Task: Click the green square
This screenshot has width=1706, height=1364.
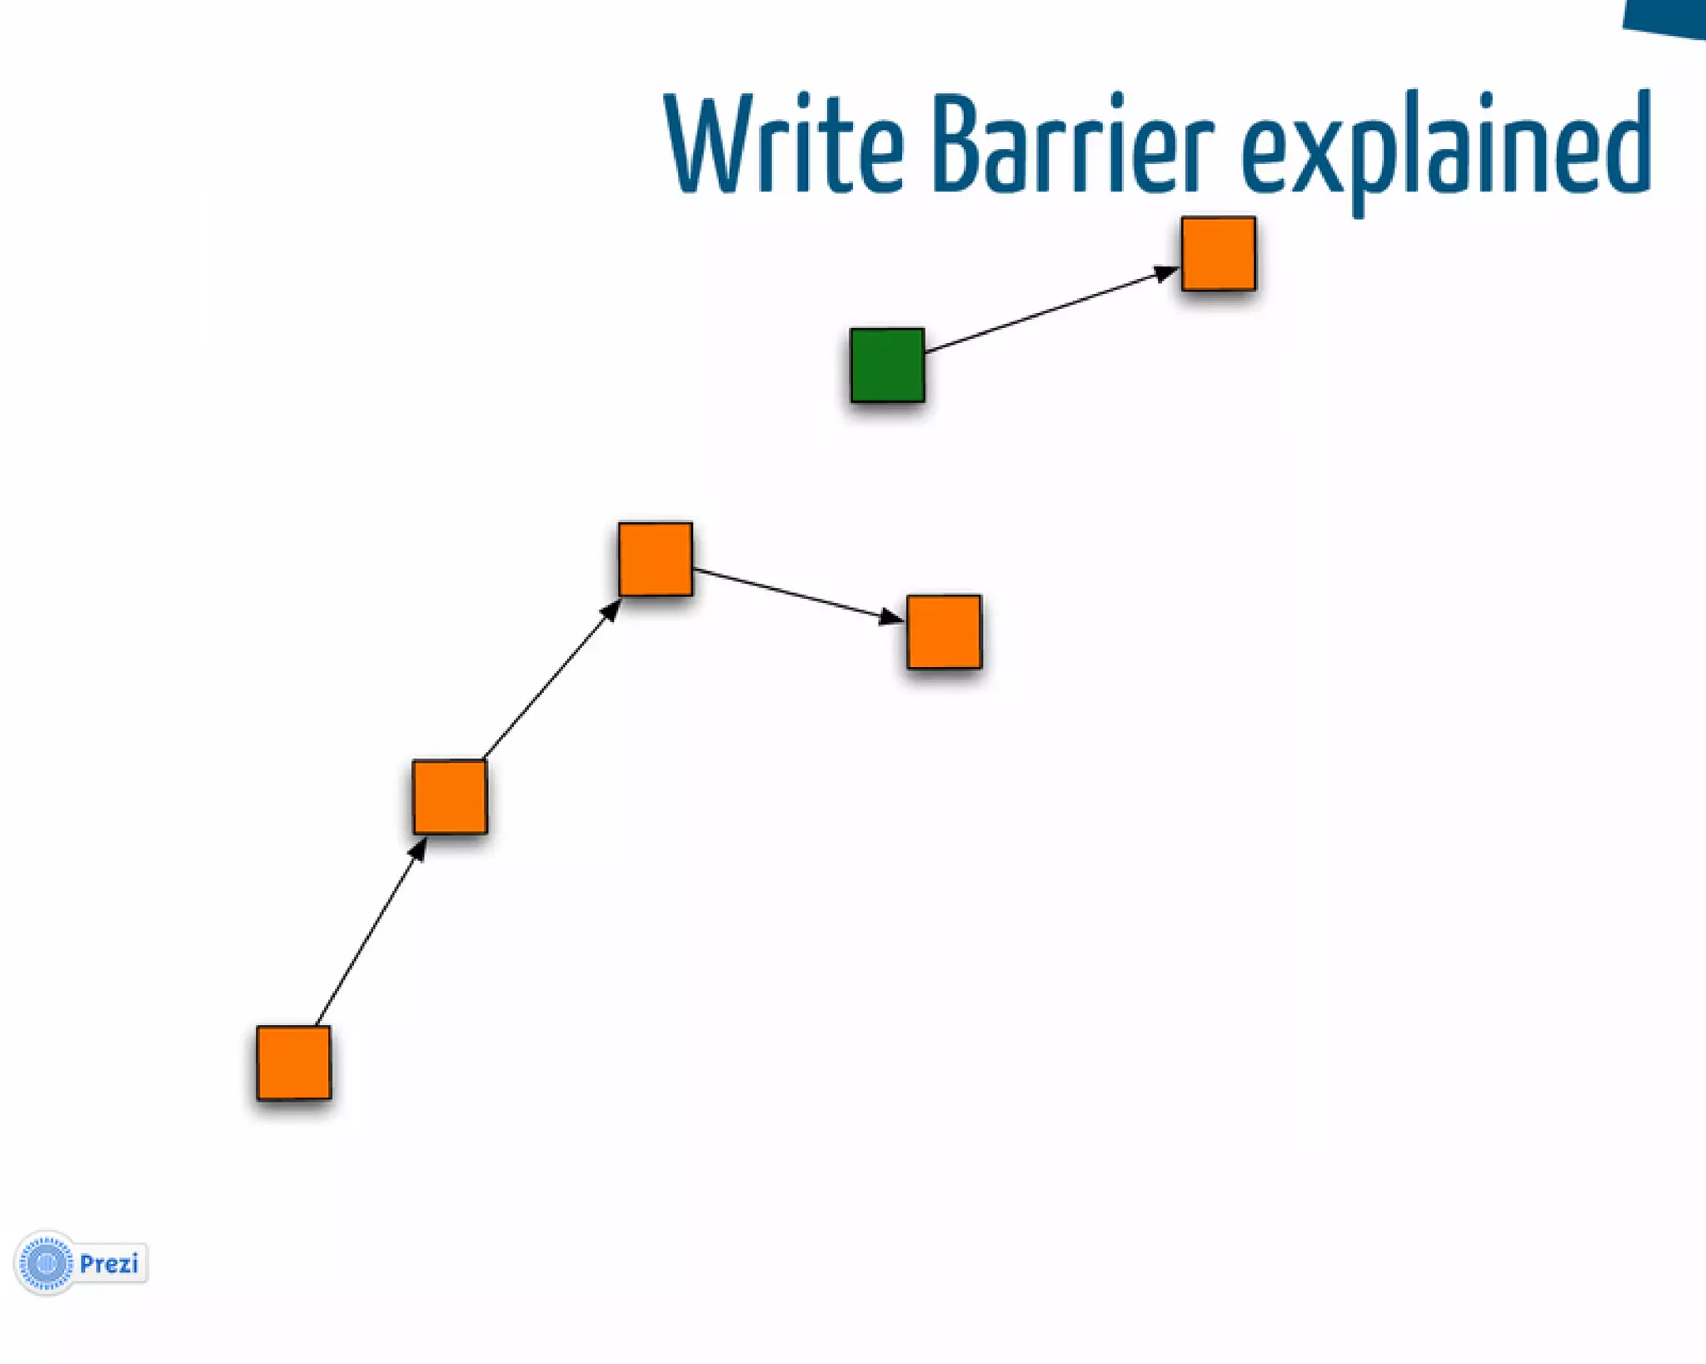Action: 887,365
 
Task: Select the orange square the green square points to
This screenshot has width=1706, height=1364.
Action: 1218,253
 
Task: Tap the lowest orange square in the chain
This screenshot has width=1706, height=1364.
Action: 293,1062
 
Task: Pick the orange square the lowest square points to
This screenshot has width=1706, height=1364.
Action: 450,796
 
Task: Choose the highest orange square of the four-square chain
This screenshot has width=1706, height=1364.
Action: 655,559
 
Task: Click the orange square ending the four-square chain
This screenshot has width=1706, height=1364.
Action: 944,631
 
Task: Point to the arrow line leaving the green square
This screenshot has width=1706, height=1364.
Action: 1041,312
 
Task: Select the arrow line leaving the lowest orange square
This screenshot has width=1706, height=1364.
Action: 367,937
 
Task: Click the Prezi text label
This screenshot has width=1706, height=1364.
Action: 109,1264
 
